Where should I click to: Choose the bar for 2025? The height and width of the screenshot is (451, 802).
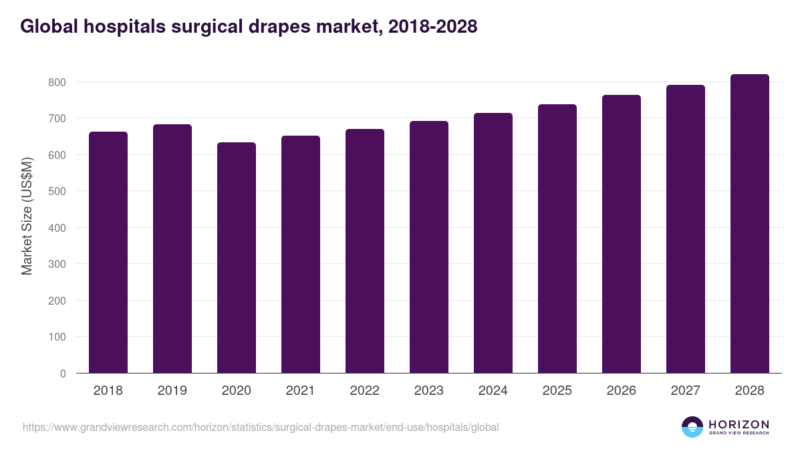click(x=557, y=239)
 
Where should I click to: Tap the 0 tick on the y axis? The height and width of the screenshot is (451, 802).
click(x=63, y=373)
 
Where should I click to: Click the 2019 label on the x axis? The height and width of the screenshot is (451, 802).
click(x=172, y=391)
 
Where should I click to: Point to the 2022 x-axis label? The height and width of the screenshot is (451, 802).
click(x=365, y=391)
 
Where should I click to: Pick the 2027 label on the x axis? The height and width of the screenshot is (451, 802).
click(x=686, y=391)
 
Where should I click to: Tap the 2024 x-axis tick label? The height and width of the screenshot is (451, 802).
click(x=493, y=391)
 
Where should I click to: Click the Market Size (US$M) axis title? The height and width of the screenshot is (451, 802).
click(x=27, y=216)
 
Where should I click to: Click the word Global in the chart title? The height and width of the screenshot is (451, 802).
click(x=49, y=26)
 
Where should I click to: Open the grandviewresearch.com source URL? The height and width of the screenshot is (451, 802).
click(x=261, y=427)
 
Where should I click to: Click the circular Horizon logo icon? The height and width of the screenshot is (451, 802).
click(x=692, y=427)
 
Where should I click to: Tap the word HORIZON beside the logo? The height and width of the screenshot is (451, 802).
click(x=739, y=424)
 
